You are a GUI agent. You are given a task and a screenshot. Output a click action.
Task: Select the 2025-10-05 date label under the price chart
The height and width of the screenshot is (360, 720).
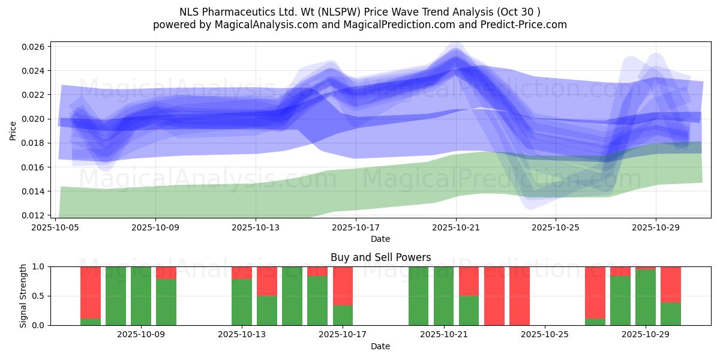(55, 227)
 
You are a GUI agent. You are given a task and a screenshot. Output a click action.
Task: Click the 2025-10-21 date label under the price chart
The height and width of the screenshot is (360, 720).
(456, 227)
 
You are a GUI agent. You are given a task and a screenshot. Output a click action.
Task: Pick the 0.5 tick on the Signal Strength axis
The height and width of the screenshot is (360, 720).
(38, 296)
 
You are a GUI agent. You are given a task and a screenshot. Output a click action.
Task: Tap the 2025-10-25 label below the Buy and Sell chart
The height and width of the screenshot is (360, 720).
(545, 334)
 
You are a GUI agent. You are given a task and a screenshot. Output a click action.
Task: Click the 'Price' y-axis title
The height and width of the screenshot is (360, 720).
(13, 131)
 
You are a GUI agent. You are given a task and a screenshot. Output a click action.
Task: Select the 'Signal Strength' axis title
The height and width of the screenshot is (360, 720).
(23, 296)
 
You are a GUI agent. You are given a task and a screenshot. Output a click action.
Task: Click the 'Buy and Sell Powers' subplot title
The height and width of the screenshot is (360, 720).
(380, 257)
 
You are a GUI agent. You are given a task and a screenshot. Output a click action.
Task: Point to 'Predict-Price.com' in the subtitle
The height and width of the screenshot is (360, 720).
(524, 25)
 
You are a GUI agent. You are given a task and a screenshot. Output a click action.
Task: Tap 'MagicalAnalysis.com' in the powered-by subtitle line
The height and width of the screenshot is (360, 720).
(266, 25)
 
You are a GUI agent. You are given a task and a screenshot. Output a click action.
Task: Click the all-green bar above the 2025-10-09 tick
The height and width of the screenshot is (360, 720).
(141, 296)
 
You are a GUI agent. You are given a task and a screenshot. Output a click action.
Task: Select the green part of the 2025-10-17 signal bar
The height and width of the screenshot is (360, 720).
(343, 316)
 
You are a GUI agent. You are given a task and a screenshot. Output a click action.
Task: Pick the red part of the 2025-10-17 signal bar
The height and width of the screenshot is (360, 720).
(343, 286)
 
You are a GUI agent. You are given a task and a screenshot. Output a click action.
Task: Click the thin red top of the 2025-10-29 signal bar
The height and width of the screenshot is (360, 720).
(646, 268)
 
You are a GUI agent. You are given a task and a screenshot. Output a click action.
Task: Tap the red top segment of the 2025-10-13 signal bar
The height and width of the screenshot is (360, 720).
(242, 273)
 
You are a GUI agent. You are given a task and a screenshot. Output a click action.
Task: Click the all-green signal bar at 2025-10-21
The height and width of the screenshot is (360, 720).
(443, 296)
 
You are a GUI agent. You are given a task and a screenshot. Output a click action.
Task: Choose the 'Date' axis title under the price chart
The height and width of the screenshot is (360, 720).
(380, 239)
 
